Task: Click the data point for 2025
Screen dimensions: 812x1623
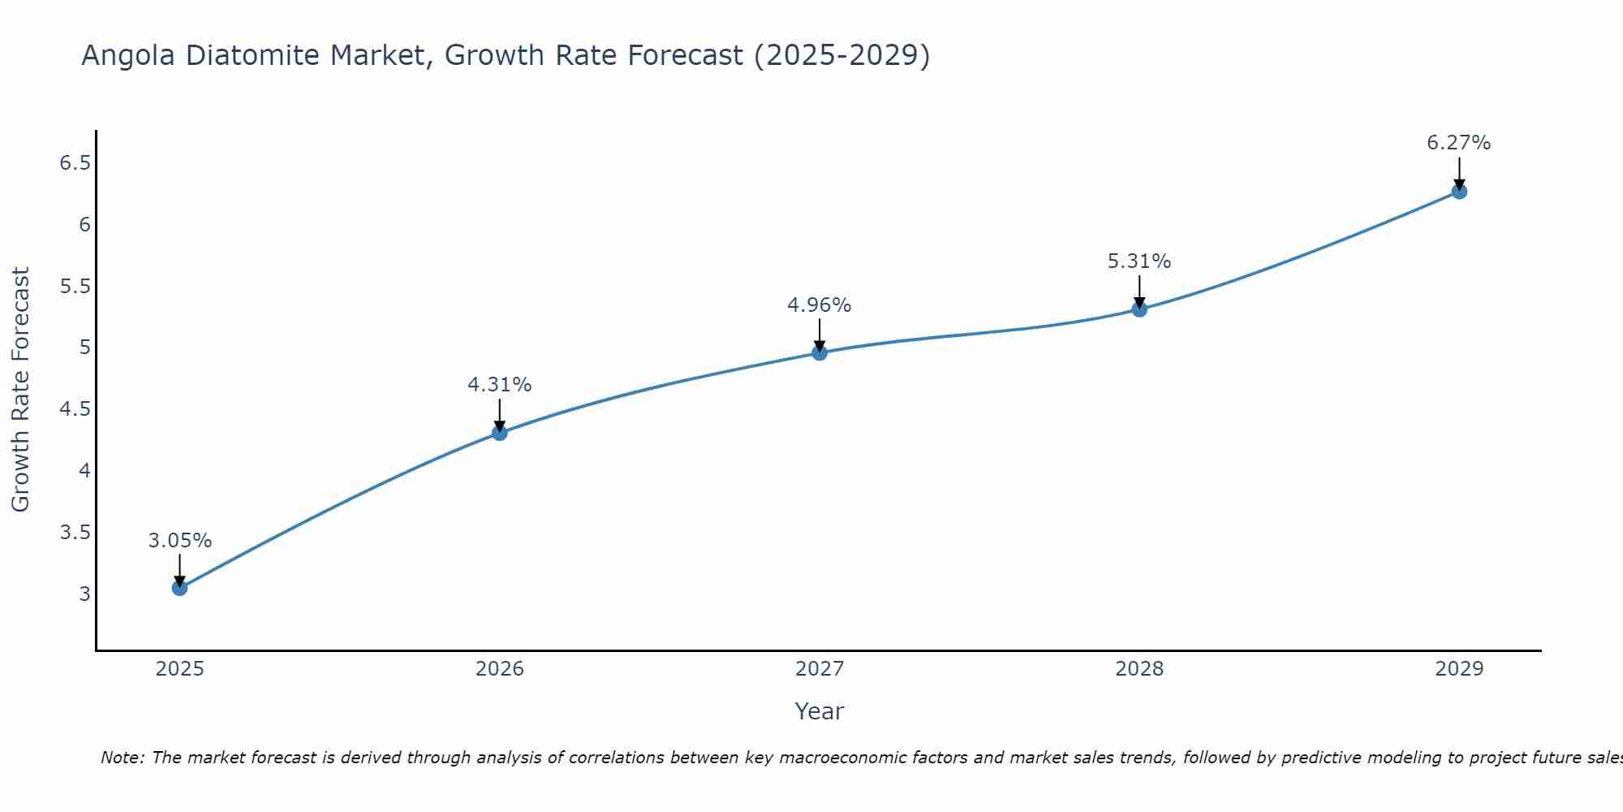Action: pyautogui.click(x=179, y=588)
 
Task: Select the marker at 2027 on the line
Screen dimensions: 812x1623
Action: pyautogui.click(x=820, y=352)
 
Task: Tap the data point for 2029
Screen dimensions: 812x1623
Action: pyautogui.click(x=1459, y=192)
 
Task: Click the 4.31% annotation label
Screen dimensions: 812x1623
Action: pyautogui.click(x=499, y=385)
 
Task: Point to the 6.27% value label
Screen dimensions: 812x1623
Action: pyautogui.click(x=1458, y=143)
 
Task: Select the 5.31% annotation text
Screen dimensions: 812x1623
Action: pyautogui.click(x=1139, y=261)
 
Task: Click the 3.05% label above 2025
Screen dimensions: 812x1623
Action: pyautogui.click(x=179, y=541)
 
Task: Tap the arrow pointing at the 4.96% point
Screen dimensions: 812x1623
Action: pyautogui.click(x=820, y=335)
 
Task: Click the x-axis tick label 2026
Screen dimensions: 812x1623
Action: pyautogui.click(x=499, y=669)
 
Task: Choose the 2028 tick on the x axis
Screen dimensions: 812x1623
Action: pyautogui.click(x=1139, y=669)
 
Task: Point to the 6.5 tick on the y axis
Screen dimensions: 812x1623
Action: pyautogui.click(x=75, y=163)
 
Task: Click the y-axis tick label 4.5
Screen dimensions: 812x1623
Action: pyautogui.click(x=75, y=409)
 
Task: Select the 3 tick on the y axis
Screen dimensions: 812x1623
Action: pyautogui.click(x=84, y=594)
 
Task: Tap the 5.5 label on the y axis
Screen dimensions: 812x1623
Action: pyautogui.click(x=75, y=287)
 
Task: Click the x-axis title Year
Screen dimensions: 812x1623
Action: pyautogui.click(x=819, y=711)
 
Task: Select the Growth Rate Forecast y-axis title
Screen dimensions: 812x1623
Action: pyautogui.click(x=20, y=390)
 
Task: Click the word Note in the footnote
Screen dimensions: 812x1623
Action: pyautogui.click(x=122, y=758)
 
